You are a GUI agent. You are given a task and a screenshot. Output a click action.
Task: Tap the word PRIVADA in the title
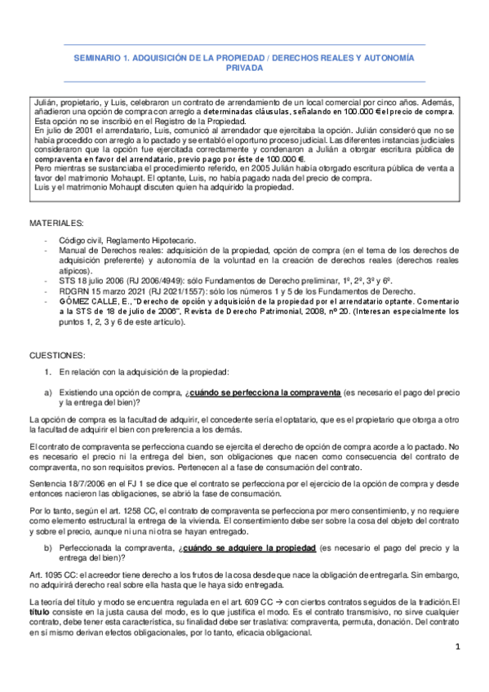tap(244, 69)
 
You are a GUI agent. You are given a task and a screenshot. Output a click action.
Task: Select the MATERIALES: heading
tap(57, 222)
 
